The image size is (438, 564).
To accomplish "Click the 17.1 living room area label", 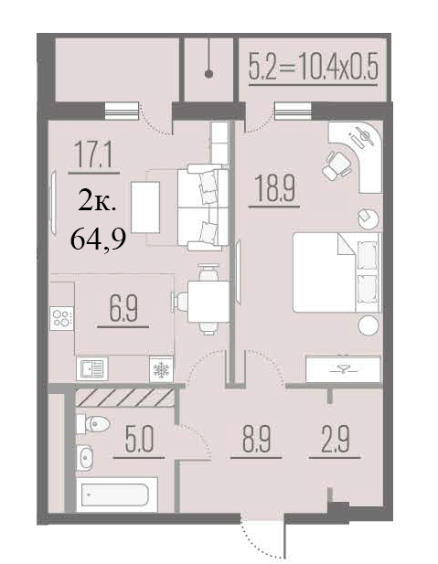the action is click(x=93, y=154).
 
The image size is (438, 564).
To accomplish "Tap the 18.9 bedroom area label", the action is click(x=274, y=187).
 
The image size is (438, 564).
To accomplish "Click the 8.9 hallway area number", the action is click(x=256, y=439).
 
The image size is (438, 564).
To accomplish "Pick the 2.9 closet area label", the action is click(x=335, y=439).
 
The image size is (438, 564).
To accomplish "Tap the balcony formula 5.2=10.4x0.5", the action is click(x=313, y=68).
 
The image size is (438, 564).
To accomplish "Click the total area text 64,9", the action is click(x=98, y=239).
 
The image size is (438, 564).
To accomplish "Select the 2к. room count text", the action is click(x=96, y=204).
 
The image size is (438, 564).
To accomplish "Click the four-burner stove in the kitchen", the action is click(x=61, y=318).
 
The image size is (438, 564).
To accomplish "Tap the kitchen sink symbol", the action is click(x=92, y=368).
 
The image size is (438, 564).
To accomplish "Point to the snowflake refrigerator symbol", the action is click(x=161, y=369).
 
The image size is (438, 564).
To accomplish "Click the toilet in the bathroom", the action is click(x=92, y=424).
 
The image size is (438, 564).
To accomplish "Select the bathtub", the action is click(x=117, y=495).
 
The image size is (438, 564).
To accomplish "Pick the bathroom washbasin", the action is click(x=85, y=458).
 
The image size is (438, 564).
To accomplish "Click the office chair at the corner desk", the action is click(x=337, y=165).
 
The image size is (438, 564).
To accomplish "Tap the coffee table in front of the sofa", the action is click(x=145, y=208).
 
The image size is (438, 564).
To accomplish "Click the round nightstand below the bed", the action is click(x=369, y=325).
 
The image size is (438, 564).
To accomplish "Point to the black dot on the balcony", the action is click(x=208, y=74).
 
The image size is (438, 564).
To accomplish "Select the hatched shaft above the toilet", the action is click(x=124, y=398).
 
